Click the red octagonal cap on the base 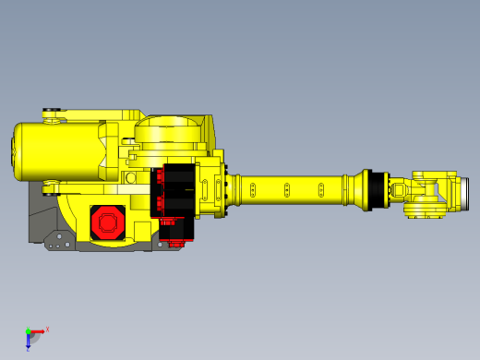107,222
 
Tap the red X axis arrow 40,330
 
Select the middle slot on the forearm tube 287,189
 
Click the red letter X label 47,328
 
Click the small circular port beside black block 224,170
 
